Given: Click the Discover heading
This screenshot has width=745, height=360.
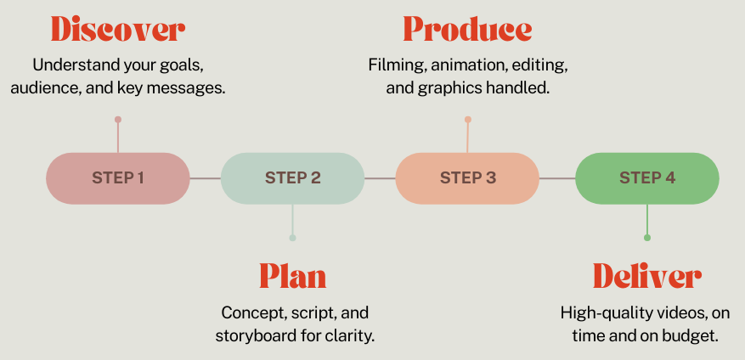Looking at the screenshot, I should (x=117, y=30).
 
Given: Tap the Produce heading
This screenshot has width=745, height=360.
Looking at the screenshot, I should (x=467, y=30).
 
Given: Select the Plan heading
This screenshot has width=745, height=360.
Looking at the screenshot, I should (x=292, y=276).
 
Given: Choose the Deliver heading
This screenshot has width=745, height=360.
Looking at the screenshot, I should (x=646, y=276).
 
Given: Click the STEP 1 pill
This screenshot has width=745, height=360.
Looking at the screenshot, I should (x=118, y=178).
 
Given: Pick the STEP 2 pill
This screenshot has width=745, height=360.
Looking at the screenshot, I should (x=292, y=178).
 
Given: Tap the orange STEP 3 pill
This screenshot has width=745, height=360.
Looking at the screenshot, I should (x=467, y=178).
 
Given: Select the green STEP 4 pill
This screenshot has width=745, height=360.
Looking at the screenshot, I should (x=647, y=178).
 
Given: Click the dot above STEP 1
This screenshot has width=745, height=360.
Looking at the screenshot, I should (x=118, y=120).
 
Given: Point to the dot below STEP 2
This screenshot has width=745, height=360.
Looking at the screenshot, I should (x=292, y=238).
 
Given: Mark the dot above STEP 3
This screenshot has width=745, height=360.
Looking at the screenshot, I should (x=467, y=120).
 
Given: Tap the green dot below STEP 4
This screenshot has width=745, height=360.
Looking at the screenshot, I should (x=647, y=238).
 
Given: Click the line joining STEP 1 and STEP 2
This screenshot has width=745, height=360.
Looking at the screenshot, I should (x=206, y=178).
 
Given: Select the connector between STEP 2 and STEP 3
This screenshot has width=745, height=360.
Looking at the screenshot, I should (x=380, y=178).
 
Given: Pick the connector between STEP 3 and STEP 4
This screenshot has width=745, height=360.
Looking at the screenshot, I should (x=557, y=178).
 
